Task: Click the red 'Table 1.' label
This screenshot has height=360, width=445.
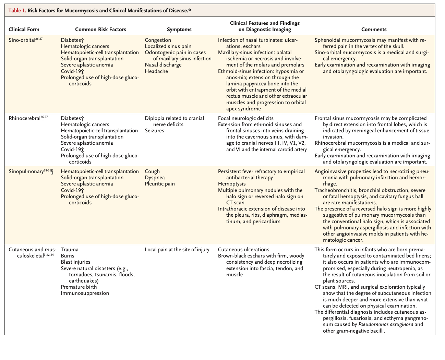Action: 17,11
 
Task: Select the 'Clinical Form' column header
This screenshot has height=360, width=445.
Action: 24,29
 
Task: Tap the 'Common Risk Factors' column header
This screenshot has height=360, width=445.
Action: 100,29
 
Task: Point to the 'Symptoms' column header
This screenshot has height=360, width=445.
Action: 179,29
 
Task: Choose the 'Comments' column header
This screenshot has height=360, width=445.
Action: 374,29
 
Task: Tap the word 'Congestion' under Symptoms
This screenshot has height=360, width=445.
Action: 158,40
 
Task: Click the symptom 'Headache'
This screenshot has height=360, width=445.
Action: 156,71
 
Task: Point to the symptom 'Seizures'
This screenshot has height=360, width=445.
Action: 154,131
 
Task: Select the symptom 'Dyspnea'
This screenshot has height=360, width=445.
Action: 155,178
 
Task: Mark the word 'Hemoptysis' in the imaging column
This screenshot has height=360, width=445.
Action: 232,184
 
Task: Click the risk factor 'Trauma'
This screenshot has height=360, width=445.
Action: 70,250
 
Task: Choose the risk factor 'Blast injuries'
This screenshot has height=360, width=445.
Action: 76,262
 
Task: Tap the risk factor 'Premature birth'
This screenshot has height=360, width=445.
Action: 79,287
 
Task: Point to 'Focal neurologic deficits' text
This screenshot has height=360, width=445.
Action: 246,118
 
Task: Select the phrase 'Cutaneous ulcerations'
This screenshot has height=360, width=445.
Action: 244,250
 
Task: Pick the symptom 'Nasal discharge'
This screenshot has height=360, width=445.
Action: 163,65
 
